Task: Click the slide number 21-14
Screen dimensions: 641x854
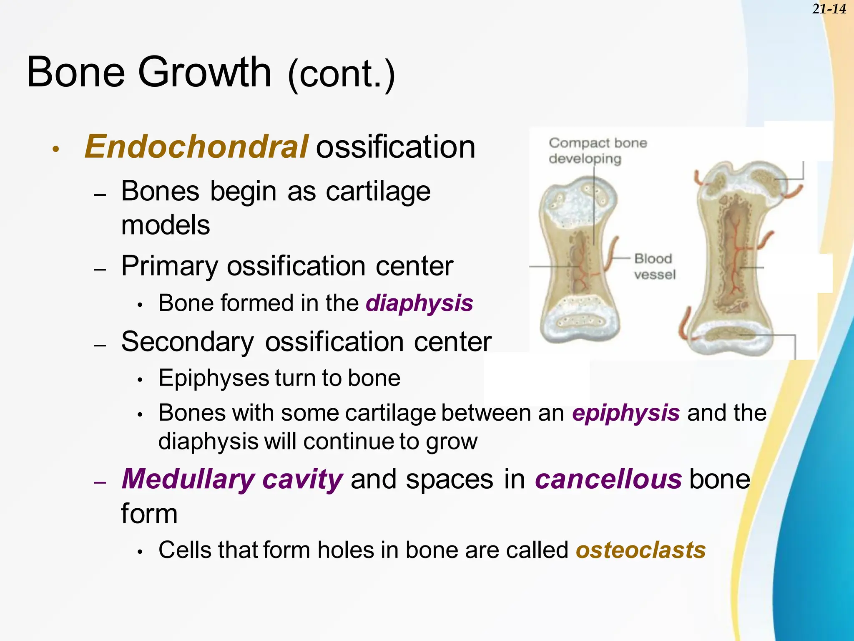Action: tap(829, 9)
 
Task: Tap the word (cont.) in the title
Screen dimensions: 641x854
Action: tap(341, 74)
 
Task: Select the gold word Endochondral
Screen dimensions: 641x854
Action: tap(196, 147)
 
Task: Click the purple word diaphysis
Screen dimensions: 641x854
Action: tap(419, 303)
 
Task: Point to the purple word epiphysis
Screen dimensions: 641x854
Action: tap(625, 413)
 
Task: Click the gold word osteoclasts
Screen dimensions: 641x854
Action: tap(640, 550)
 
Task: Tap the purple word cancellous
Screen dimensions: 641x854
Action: tap(608, 479)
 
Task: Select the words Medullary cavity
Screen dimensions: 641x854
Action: tap(232, 479)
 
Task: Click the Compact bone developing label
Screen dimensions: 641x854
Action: tap(597, 151)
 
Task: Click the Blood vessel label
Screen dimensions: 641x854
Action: tap(654, 267)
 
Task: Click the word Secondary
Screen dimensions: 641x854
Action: tap(187, 342)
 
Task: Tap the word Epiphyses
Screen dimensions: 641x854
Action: tap(213, 379)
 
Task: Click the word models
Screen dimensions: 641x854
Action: tap(165, 225)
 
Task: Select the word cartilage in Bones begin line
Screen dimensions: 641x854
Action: tap(378, 192)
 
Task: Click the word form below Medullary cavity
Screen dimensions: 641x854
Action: tap(149, 514)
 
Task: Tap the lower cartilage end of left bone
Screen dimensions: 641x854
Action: tap(580, 326)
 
